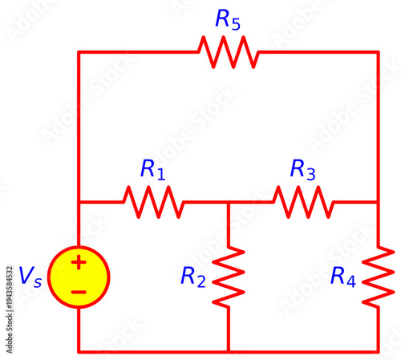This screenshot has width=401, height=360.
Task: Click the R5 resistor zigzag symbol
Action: click(x=229, y=52)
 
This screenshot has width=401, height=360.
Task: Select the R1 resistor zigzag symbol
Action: click(x=153, y=202)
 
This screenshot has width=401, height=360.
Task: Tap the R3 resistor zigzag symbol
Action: click(x=303, y=202)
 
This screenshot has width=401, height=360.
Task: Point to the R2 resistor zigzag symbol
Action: click(x=229, y=277)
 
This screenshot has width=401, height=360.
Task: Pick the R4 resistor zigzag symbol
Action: click(x=379, y=277)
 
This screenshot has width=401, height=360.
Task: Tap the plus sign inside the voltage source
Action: click(x=79, y=262)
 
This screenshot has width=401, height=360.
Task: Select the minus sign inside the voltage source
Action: click(x=79, y=292)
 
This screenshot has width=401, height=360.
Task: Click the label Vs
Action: click(x=30, y=277)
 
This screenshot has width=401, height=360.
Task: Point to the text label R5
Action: click(x=228, y=21)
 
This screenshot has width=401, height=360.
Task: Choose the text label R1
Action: click(x=152, y=169)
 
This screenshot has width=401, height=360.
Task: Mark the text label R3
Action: click(x=303, y=169)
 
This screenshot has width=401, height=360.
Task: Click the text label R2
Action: click(x=193, y=277)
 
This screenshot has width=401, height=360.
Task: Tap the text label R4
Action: click(x=343, y=277)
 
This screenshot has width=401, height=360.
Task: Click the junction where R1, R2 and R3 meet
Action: click(x=229, y=202)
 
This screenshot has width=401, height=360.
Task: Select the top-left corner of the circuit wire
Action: click(x=79, y=52)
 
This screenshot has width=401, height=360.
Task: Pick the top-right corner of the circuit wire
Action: click(x=379, y=52)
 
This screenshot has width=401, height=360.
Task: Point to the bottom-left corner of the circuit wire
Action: click(x=79, y=351)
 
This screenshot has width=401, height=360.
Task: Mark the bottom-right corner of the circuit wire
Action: click(x=379, y=351)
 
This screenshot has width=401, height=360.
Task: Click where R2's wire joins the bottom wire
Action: click(x=229, y=351)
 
